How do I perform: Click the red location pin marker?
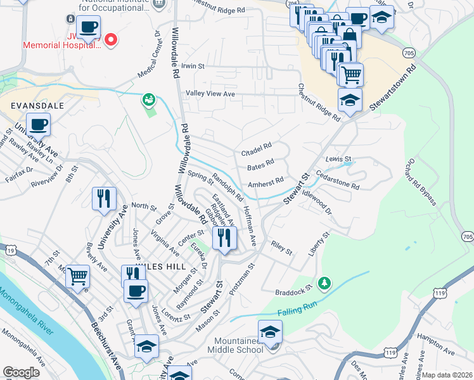pos(112,40)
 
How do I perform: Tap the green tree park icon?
pos(324,282)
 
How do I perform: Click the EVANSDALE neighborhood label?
pos(37,106)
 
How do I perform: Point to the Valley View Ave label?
pos(210,94)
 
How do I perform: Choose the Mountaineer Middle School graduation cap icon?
pos(270,332)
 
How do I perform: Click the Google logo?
pos(22,372)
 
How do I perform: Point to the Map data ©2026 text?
pos(447,375)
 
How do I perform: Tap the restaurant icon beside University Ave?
pos(103,199)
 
